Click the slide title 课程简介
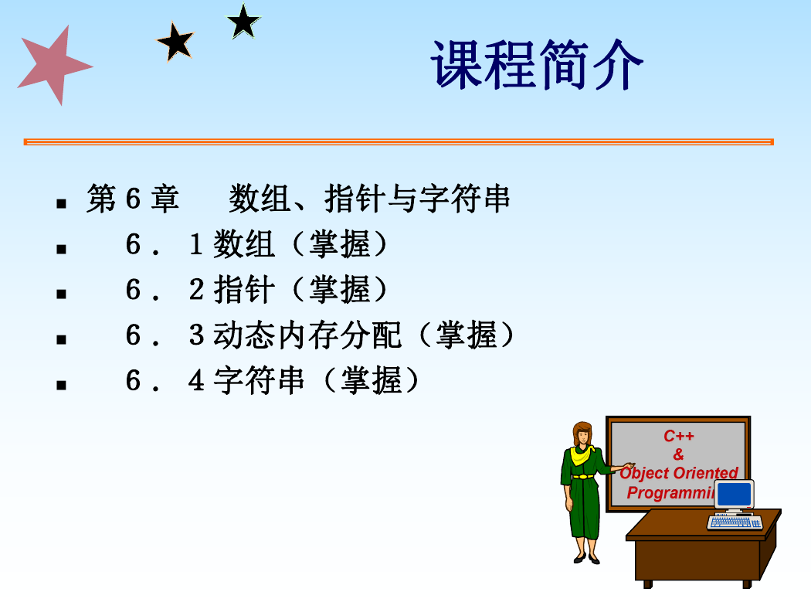(537, 65)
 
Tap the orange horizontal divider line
(399, 141)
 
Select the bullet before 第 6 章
(62, 203)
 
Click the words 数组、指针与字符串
(369, 199)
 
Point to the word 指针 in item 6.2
(244, 289)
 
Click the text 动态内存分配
(307, 335)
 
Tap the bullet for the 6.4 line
(62, 385)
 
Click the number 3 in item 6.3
(196, 335)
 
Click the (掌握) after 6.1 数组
(339, 244)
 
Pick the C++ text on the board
(679, 436)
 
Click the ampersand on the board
(679, 454)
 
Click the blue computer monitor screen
(734, 494)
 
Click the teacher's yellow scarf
(582, 454)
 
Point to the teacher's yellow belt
(583, 476)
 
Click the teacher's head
(582, 434)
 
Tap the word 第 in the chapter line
(101, 199)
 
